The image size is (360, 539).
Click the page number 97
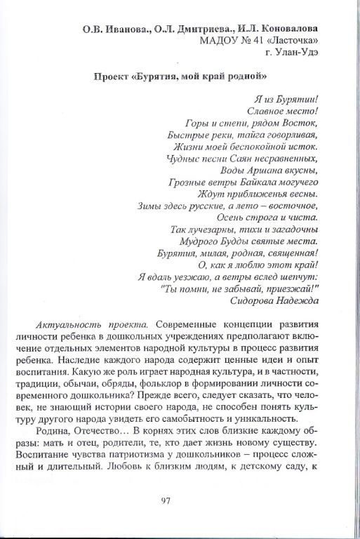coord(166,500)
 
